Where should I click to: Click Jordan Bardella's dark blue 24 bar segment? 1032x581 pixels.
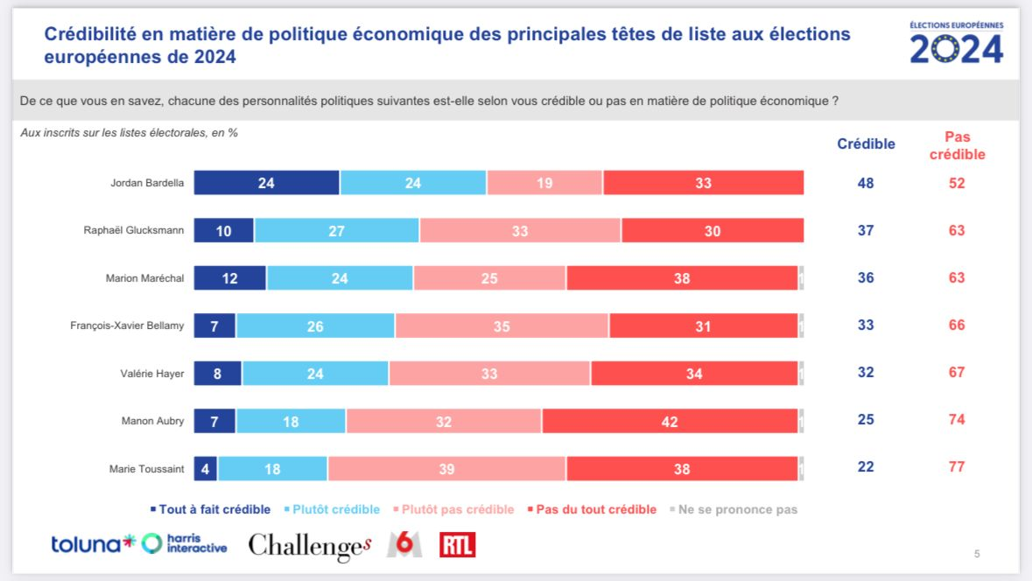pos(266,183)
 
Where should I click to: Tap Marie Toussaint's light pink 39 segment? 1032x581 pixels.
pos(446,468)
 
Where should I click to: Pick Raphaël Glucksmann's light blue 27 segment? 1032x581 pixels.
pos(337,230)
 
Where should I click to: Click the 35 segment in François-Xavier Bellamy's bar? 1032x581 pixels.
pos(502,325)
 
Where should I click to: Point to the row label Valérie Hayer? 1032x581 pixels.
pos(152,374)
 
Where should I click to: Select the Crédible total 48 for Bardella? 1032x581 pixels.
pos(866,184)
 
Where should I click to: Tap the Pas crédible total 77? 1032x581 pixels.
pos(957,466)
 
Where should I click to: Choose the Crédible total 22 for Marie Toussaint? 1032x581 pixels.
pos(866,466)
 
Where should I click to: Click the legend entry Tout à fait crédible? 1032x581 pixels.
pos(210,509)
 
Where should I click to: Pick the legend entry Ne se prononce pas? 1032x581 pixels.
pos(733,509)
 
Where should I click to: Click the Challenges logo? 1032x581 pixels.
pos(310,546)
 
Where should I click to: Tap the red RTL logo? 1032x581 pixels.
pos(458,545)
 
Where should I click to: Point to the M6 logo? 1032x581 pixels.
pos(404,545)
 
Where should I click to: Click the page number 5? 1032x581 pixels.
pos(977,553)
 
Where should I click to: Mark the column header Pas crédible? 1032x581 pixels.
pos(957,145)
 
